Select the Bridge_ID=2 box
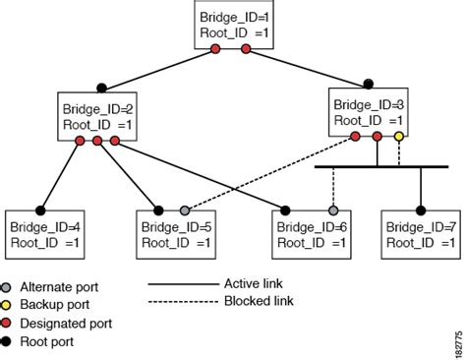point(96,116)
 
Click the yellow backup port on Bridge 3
point(398,136)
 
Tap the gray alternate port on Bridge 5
point(184,210)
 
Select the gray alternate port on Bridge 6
point(333,210)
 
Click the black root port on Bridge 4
point(42,210)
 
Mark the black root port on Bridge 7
point(421,210)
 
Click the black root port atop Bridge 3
point(368,83)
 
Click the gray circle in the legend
point(10,285)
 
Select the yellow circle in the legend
point(10,304)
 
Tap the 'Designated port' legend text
point(68,323)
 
